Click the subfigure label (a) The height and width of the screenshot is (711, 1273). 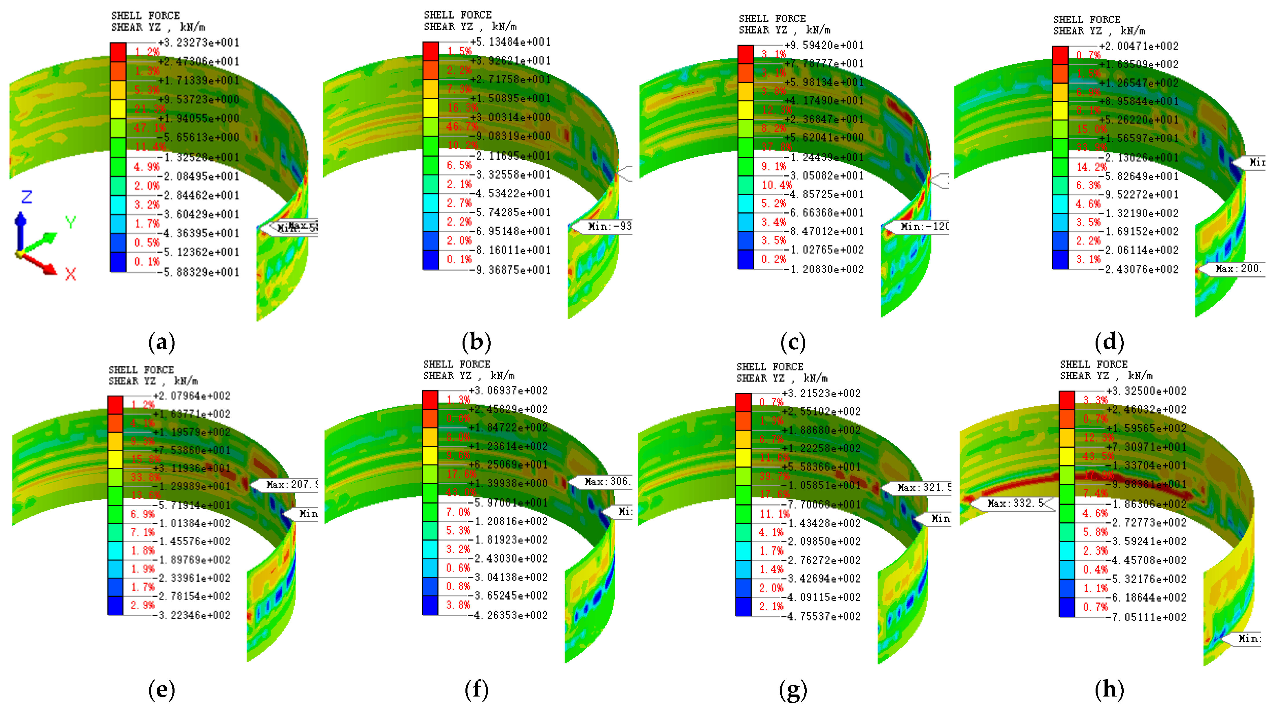[x=162, y=342]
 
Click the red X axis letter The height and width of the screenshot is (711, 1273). [x=71, y=275]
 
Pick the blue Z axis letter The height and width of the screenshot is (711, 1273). [x=27, y=197]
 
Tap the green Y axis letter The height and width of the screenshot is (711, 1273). [x=71, y=222]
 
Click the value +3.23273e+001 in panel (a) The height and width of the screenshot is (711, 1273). [x=199, y=43]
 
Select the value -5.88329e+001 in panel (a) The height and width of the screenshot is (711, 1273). [x=199, y=272]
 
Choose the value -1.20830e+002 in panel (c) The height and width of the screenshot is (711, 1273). [x=825, y=269]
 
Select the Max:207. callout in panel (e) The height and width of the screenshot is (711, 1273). [x=288, y=484]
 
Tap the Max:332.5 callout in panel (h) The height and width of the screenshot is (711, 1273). [x=1013, y=503]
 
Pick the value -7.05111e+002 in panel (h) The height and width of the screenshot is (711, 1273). [x=1147, y=617]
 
